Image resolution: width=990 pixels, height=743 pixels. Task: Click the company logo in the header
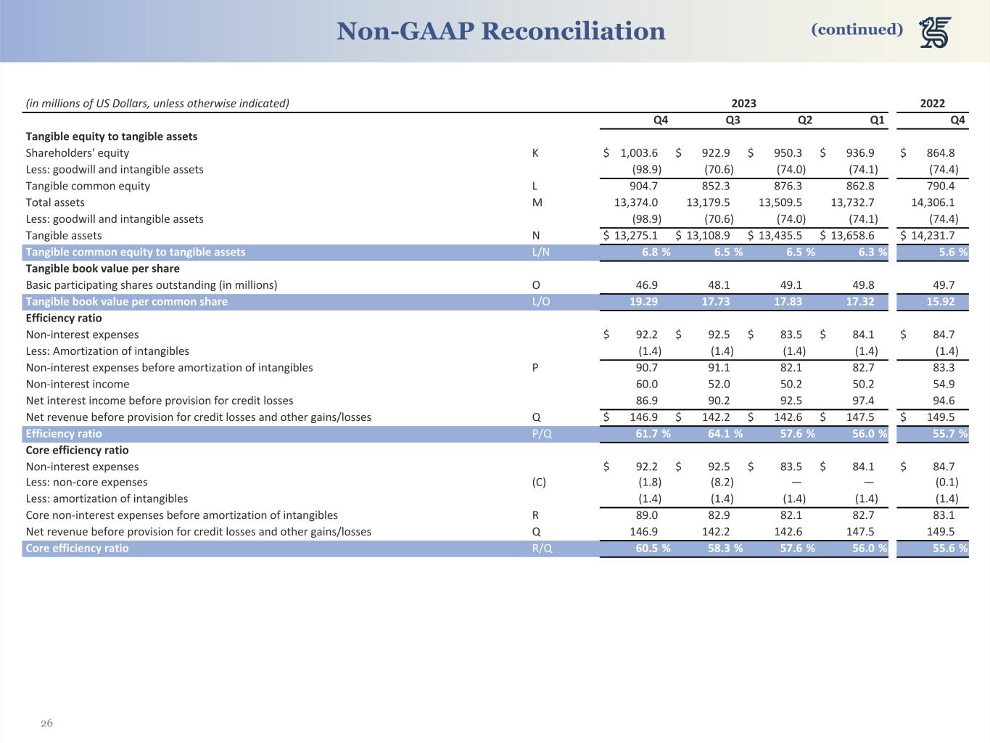click(x=936, y=33)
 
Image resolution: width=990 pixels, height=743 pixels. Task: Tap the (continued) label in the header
click(x=857, y=29)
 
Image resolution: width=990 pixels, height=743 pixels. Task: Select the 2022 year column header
click(x=932, y=103)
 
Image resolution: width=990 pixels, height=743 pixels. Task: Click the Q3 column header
click(x=733, y=120)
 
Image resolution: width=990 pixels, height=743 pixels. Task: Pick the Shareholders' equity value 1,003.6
click(x=638, y=153)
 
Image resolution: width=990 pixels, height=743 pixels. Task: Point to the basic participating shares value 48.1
click(x=718, y=285)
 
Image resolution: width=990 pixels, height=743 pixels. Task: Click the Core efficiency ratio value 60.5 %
click(x=653, y=549)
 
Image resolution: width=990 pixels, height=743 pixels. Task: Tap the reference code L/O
click(x=541, y=302)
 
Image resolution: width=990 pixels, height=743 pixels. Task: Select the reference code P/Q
click(x=541, y=434)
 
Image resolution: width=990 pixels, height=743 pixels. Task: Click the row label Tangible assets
click(x=64, y=236)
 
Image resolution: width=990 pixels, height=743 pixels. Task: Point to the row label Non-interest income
click(x=78, y=385)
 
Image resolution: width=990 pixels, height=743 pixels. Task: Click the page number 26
click(x=46, y=723)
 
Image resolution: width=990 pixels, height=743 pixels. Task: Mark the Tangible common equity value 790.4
click(x=941, y=186)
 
